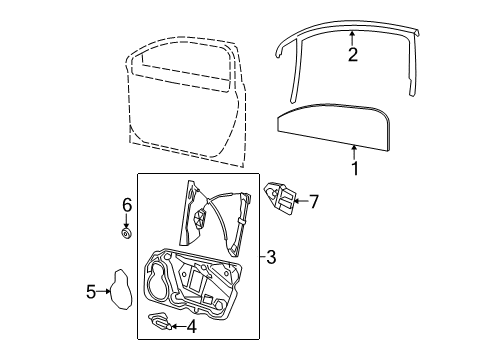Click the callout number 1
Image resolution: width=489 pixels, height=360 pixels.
pyautogui.click(x=355, y=168)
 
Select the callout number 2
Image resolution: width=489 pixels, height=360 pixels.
pyautogui.click(x=353, y=55)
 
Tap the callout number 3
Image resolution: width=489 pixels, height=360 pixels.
pyautogui.click(x=271, y=257)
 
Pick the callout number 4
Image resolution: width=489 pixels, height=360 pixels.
pyautogui.click(x=191, y=327)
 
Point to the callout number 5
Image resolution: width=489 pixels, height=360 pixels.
pyautogui.click(x=91, y=292)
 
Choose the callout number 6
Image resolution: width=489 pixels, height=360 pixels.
pyautogui.click(x=127, y=205)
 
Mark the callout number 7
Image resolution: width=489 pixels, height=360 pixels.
pyautogui.click(x=314, y=201)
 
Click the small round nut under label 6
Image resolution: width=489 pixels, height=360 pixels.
pyautogui.click(x=126, y=234)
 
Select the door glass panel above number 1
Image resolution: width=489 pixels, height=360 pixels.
pyautogui.click(x=333, y=127)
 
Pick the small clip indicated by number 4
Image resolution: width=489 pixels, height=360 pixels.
pyautogui.click(x=160, y=321)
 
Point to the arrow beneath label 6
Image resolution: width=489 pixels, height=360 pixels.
pyautogui.click(x=126, y=221)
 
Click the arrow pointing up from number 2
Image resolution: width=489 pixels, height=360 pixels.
pyautogui.click(x=352, y=38)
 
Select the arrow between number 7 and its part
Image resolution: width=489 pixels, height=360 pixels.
pyautogui.click(x=301, y=201)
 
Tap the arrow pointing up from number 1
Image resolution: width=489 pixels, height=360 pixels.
pyautogui.click(x=354, y=152)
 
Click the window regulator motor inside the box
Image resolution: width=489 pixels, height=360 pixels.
pyautogui.click(x=200, y=220)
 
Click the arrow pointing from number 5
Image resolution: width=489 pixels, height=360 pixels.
pyautogui.click(x=104, y=292)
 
